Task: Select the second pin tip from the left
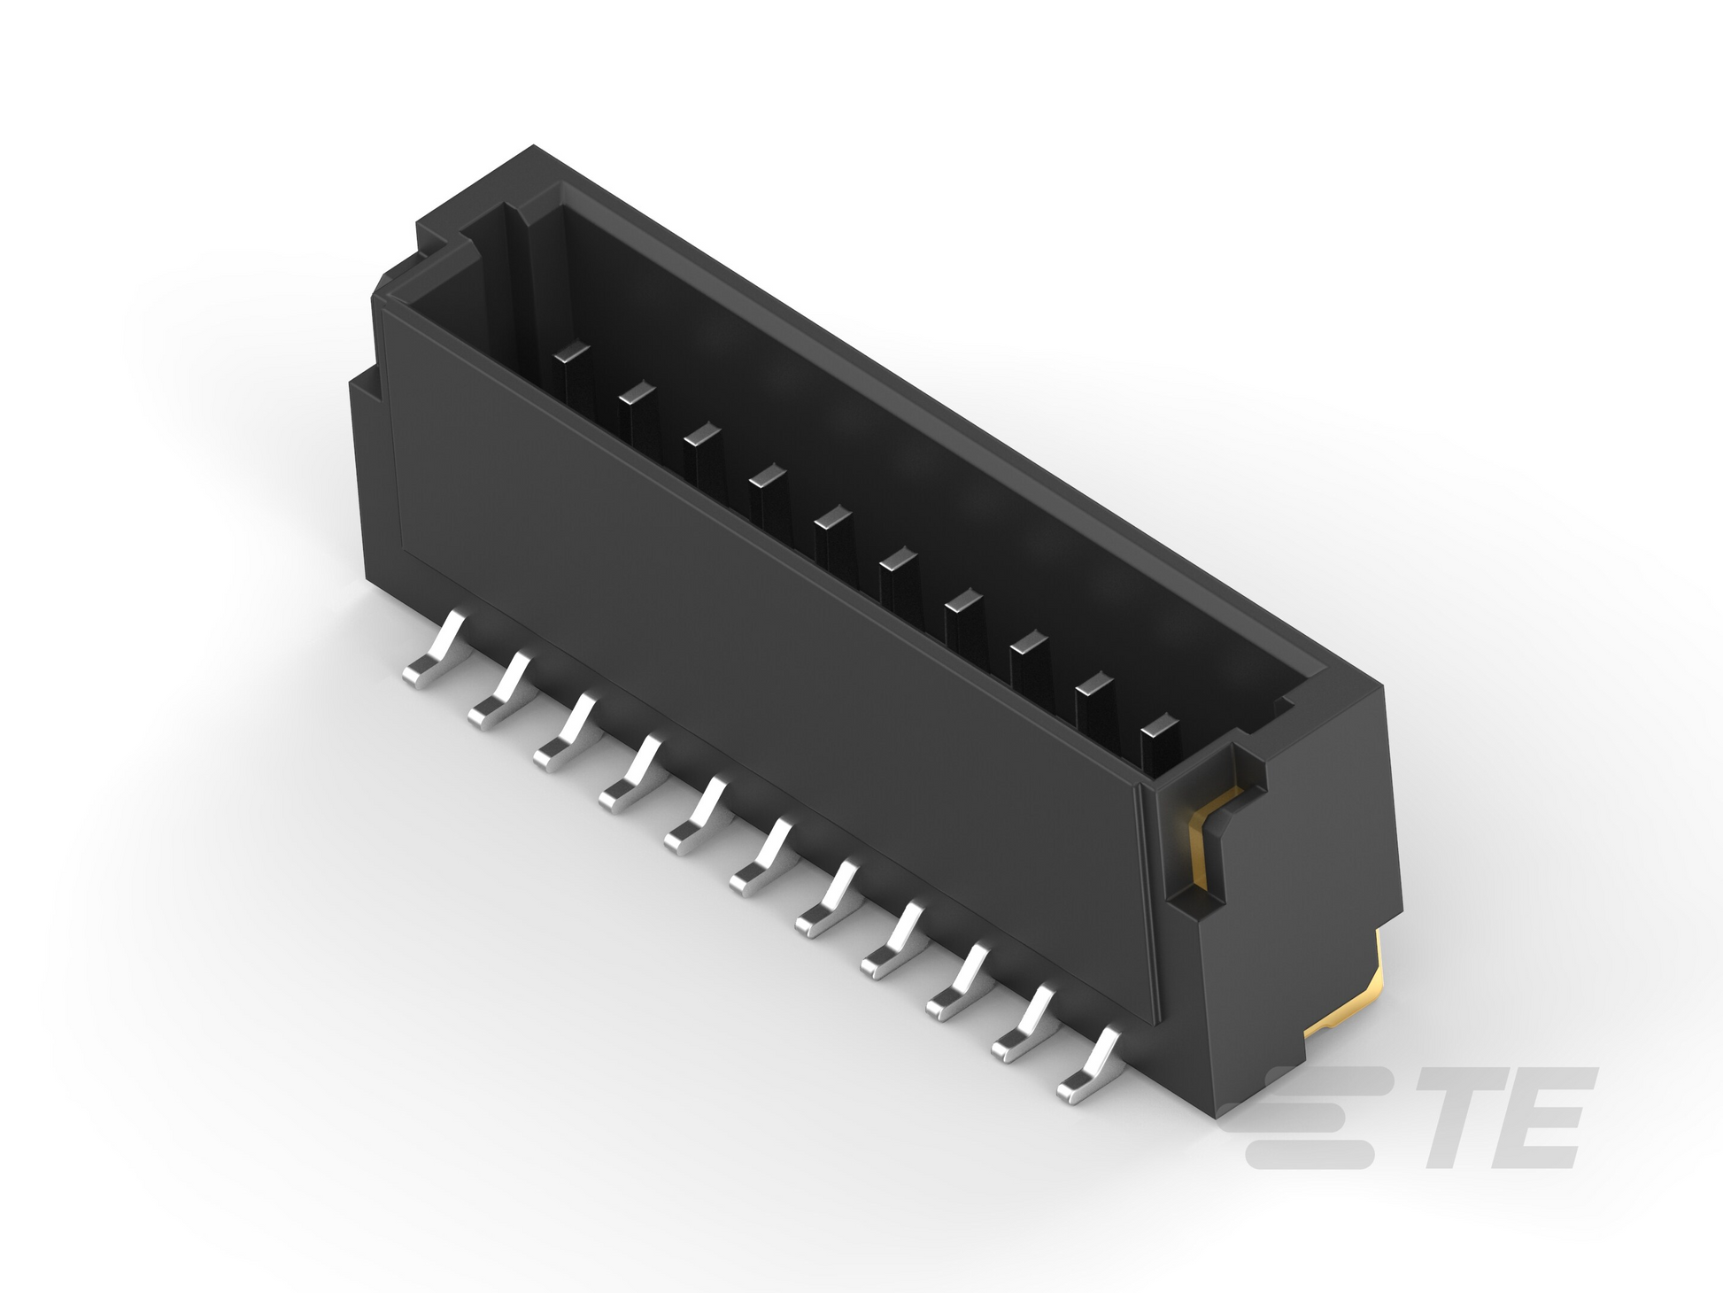pos(637,393)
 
